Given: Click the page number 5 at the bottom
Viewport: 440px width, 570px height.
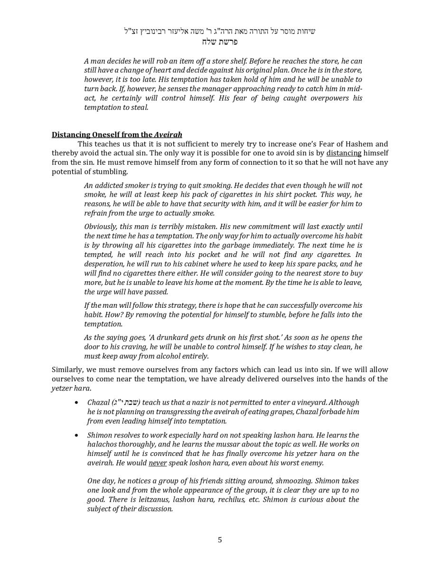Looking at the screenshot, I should point(220,540).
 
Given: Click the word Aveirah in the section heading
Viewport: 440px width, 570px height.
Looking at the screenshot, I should point(168,134).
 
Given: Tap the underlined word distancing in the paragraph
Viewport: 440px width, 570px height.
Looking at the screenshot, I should point(344,153).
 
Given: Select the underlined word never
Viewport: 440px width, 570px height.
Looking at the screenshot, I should point(158,463).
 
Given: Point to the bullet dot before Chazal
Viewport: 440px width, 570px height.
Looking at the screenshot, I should point(76,402).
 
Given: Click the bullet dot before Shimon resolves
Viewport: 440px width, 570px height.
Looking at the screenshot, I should point(76,435).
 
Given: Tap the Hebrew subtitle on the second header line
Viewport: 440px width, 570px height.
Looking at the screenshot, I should point(220,42).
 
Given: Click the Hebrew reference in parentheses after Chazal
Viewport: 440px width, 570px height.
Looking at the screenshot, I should point(126,402).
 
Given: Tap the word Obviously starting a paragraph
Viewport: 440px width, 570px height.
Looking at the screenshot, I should point(101,227).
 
